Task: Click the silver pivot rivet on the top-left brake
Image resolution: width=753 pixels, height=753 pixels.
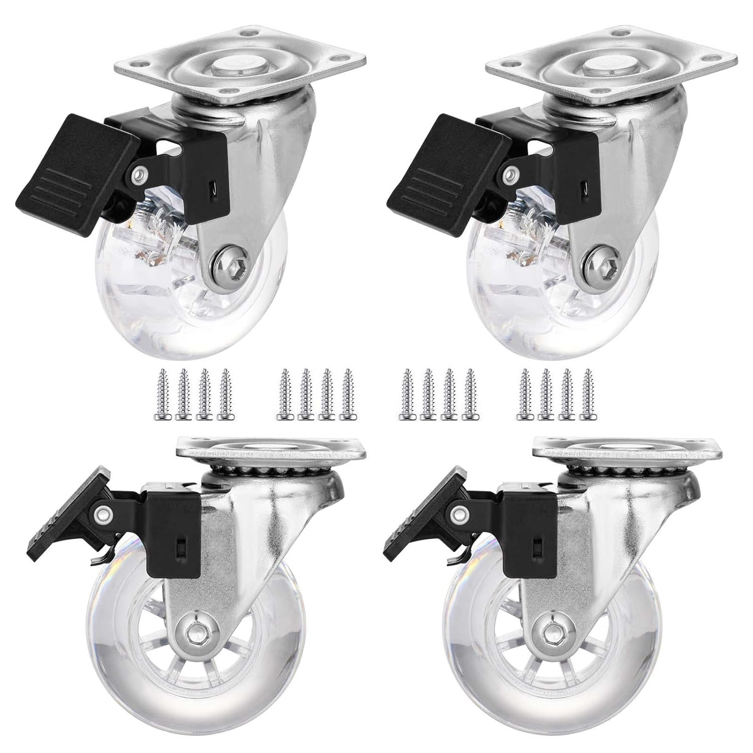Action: tap(137, 175)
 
